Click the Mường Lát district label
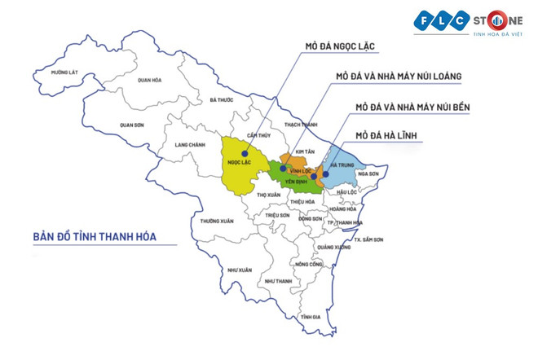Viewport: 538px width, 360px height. pos(64,73)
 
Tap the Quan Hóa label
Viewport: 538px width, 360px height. pos(150,80)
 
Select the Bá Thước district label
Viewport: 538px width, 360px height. pos(221,100)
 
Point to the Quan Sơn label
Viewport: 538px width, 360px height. pos(131,125)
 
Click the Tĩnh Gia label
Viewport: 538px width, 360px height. pos(310,317)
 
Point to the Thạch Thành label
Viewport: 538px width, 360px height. pos(300,125)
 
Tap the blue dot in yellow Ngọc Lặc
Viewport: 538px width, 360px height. pos(244,151)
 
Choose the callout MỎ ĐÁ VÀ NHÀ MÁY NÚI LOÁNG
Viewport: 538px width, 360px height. pos(399,77)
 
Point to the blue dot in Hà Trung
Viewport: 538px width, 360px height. pos(324,173)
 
